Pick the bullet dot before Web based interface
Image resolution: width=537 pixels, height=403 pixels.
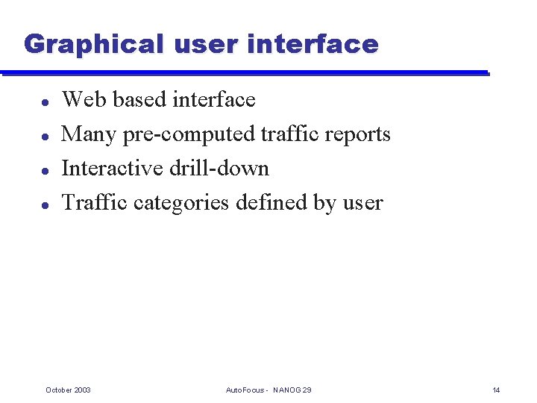pos(45,101)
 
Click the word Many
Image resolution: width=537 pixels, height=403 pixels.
pos(89,134)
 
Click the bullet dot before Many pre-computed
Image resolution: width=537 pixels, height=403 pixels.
pos(45,135)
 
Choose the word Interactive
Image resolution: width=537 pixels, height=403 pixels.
pos(113,169)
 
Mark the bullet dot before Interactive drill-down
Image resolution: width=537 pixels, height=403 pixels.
pos(45,169)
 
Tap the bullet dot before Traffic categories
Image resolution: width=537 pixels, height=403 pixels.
pos(45,204)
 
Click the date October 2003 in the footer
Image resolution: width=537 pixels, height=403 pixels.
pos(68,390)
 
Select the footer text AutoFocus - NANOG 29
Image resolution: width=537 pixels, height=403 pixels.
pos(268,390)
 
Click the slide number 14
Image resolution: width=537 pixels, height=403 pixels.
pos(496,390)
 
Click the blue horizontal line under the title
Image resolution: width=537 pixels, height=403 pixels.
pos(246,73)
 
